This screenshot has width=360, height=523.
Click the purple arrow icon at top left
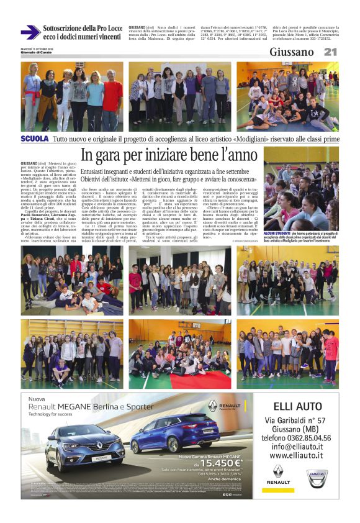[30, 32]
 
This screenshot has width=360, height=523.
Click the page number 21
[330, 52]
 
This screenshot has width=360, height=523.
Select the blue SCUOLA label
[35, 139]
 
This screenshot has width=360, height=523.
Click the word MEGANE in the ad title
[86, 408]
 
